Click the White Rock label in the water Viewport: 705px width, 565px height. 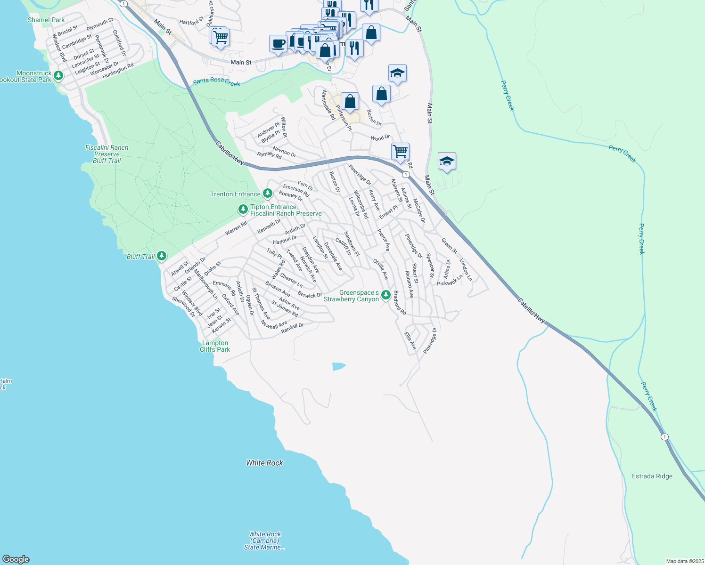[264, 463]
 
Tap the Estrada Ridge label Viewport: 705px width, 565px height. [652, 476]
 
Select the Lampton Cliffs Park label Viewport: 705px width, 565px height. [215, 346]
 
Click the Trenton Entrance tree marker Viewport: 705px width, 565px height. [267, 193]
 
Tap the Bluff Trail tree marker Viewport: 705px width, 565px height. [162, 256]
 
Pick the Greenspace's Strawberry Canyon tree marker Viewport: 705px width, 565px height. [386, 295]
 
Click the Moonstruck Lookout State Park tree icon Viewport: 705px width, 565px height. [58, 75]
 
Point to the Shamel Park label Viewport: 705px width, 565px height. [46, 20]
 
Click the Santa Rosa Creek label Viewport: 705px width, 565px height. [217, 81]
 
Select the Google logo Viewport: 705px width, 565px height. [16, 559]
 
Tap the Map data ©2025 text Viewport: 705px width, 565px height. [684, 561]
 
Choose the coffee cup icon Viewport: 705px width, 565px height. [278, 43]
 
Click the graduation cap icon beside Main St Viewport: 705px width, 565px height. [446, 161]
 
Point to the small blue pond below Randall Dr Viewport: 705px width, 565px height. [338, 366]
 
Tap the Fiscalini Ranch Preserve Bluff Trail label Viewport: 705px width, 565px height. [107, 154]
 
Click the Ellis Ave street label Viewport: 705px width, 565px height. [410, 340]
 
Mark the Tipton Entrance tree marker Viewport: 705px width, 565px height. [243, 209]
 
